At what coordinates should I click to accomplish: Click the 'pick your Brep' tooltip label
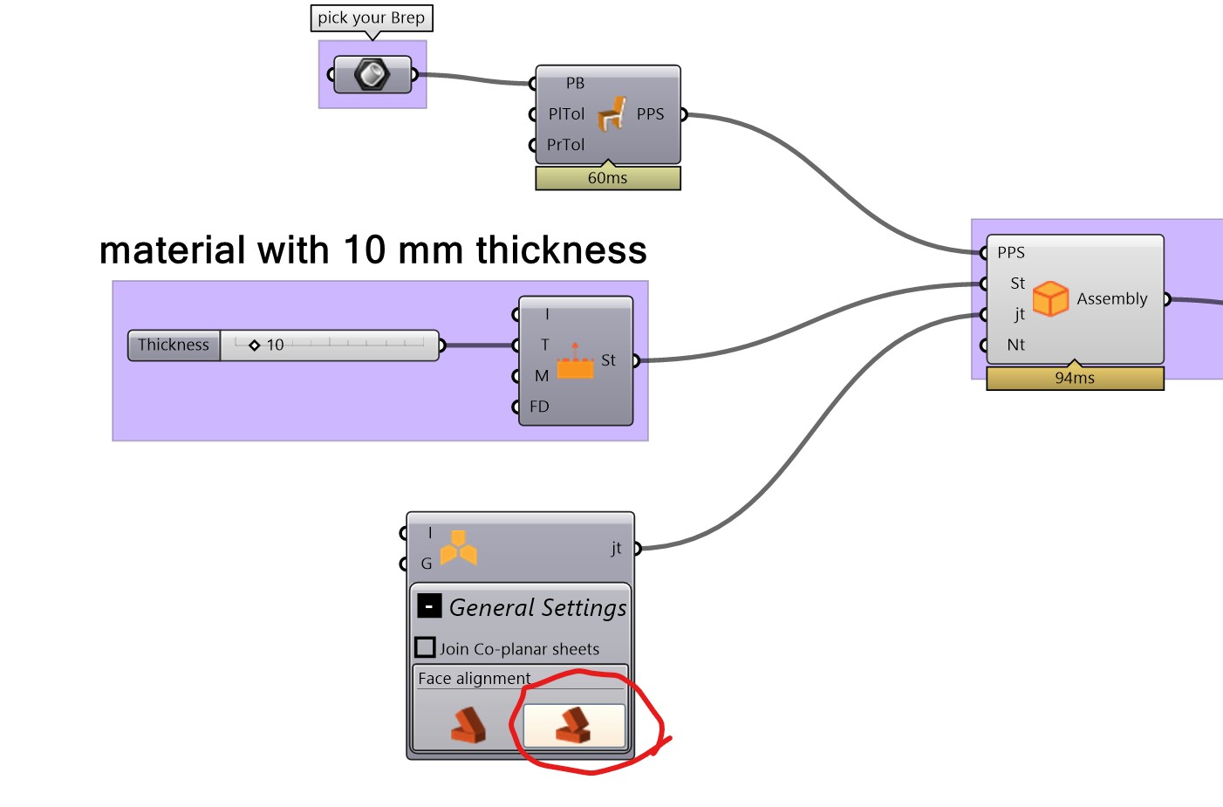click(372, 18)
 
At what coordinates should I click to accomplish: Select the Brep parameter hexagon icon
click(372, 75)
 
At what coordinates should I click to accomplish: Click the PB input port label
click(575, 84)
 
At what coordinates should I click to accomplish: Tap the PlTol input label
click(566, 114)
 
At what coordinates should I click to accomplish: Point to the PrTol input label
click(565, 145)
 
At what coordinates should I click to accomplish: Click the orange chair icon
click(612, 113)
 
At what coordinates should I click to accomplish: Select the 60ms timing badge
click(607, 178)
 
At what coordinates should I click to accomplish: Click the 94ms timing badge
click(1075, 378)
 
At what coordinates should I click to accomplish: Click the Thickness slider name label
click(174, 345)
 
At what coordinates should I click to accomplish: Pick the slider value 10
click(275, 345)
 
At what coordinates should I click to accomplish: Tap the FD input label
click(539, 407)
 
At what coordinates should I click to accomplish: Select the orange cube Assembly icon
click(1050, 298)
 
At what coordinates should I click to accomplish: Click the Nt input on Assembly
click(1015, 345)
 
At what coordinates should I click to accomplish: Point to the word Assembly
click(1111, 298)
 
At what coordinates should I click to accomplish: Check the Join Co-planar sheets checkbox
click(425, 647)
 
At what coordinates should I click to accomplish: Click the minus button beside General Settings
click(428, 605)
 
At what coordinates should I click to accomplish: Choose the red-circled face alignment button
click(574, 725)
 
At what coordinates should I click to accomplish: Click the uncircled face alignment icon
click(468, 725)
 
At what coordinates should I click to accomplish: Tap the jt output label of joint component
click(616, 548)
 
